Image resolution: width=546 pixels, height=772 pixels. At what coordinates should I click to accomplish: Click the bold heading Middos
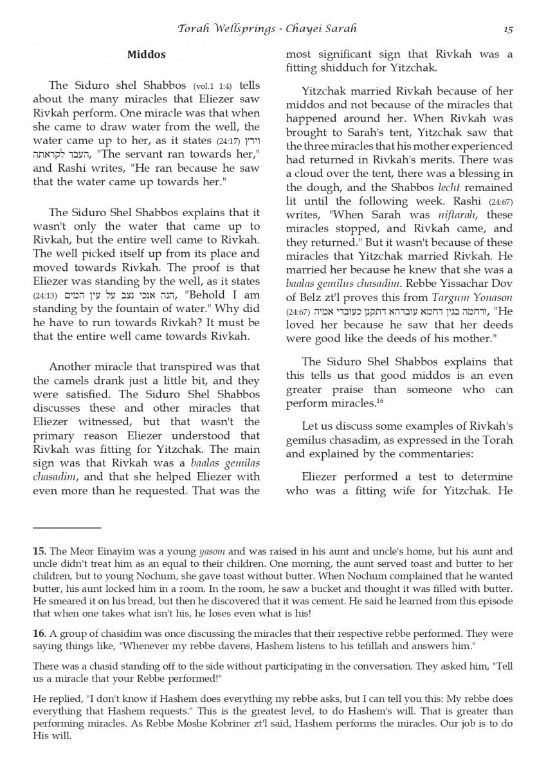click(x=146, y=55)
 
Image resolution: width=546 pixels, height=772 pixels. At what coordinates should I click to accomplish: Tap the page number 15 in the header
click(x=508, y=29)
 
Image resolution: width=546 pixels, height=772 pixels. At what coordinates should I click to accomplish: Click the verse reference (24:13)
click(x=45, y=295)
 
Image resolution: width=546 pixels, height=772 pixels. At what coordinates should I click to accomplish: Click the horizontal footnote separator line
click(x=67, y=528)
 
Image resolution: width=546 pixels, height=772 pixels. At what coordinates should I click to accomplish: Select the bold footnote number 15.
click(x=39, y=551)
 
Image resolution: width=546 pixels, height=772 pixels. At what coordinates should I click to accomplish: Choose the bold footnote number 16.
click(x=39, y=634)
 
